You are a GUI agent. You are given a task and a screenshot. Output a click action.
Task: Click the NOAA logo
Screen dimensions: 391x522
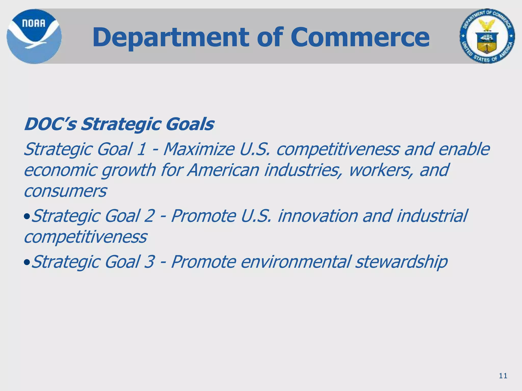34,36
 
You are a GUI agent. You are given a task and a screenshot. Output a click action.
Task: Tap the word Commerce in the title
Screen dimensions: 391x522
360,37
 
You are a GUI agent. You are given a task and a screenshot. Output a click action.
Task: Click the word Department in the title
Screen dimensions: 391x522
171,37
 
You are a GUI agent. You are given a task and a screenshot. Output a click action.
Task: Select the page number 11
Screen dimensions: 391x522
503,376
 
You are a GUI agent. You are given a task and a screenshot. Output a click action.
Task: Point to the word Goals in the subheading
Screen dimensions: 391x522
190,124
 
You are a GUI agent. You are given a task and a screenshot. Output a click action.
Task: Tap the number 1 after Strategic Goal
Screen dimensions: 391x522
141,149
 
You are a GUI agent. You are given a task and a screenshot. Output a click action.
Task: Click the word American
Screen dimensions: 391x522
223,170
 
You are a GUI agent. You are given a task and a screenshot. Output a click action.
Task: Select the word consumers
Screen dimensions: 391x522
65,191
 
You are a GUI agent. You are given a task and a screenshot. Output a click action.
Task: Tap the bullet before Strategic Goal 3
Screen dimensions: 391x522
27,262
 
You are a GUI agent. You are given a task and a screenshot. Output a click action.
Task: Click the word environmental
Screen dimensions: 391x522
296,262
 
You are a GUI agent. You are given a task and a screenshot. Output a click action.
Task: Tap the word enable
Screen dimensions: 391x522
464,149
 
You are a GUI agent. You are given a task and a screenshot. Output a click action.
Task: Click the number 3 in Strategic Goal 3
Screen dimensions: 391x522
149,262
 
